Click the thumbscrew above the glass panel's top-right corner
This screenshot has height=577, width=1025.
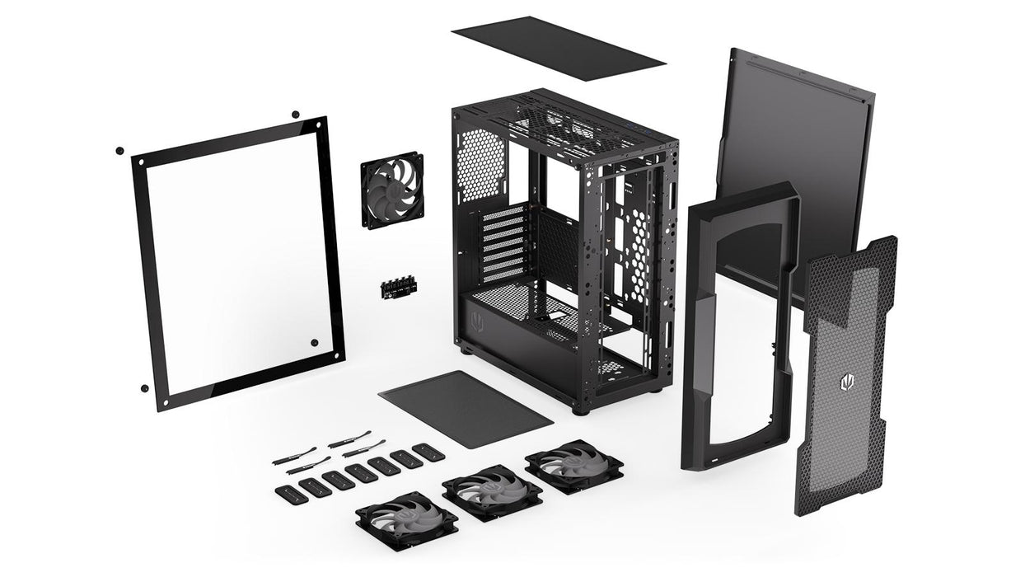[294, 113]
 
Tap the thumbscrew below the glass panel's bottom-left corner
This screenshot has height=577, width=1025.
[144, 388]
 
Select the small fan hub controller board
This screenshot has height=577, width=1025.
[399, 288]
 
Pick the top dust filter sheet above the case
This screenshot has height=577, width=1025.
[558, 48]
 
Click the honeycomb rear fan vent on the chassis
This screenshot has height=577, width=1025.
[480, 165]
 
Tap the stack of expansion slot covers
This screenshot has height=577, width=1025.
[503, 243]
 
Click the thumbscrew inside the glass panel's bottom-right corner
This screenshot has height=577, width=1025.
[314, 342]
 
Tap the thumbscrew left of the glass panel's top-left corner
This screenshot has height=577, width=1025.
[119, 151]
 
